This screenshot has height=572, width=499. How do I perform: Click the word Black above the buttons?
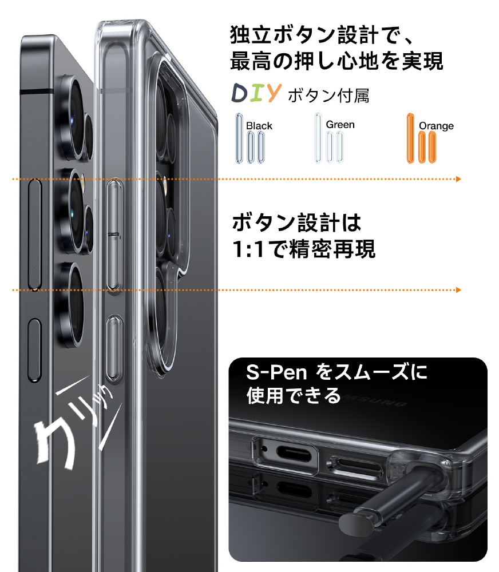259,126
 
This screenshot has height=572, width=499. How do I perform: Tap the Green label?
340,125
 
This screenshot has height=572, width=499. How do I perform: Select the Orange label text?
436,126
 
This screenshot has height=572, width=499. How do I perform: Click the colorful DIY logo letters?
256,93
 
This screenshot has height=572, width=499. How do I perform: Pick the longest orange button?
411,138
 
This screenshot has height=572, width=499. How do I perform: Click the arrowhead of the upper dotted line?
458,179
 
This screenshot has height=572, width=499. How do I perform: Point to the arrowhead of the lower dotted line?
458,290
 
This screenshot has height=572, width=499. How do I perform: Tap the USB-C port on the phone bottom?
294,455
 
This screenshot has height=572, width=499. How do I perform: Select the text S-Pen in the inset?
276,372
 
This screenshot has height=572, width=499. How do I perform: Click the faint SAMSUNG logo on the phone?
376,400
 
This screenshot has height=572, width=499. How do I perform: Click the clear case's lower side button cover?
114,349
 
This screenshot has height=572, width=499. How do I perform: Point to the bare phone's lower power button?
35,350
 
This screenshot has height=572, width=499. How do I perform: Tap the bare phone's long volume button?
35,235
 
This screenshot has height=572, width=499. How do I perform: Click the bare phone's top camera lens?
75,118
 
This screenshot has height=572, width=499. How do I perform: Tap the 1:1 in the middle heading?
248,249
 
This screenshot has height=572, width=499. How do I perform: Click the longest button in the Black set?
239,138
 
